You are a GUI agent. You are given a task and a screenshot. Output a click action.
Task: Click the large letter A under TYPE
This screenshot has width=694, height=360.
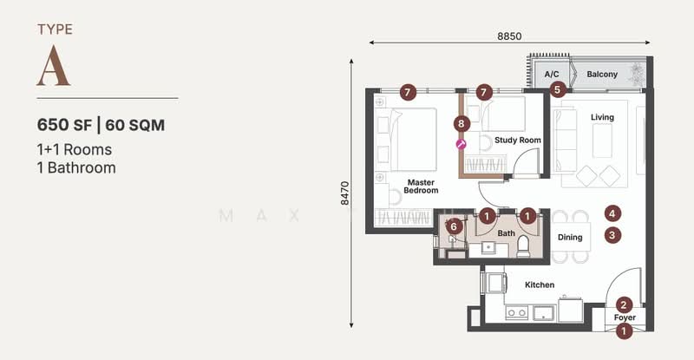[53, 67]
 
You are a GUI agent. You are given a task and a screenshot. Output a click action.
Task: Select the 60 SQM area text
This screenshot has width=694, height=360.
[135, 124]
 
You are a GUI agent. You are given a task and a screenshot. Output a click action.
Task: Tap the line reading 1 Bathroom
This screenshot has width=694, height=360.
[76, 167]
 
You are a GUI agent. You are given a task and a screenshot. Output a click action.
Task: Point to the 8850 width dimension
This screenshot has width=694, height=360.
[509, 36]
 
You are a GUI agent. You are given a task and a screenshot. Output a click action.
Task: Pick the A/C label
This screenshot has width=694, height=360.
[552, 75]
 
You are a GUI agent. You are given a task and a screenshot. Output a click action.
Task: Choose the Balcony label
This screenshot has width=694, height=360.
[602, 75]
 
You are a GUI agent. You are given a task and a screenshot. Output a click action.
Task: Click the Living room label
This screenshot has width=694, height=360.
[602, 117]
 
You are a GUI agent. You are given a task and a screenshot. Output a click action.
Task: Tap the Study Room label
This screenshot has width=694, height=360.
[518, 140]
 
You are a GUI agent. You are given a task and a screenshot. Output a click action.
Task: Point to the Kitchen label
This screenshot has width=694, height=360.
[540, 285]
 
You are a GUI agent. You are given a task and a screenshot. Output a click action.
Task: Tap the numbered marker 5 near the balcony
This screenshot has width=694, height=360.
[559, 88]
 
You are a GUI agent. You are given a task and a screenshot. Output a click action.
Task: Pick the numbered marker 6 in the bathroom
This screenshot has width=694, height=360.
[453, 226]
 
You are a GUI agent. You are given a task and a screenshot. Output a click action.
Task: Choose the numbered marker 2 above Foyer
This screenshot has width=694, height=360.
[624, 304]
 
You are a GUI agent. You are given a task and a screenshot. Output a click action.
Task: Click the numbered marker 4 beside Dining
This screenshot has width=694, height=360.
[612, 213]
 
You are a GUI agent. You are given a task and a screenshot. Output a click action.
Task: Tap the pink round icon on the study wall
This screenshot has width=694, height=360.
[462, 144]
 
